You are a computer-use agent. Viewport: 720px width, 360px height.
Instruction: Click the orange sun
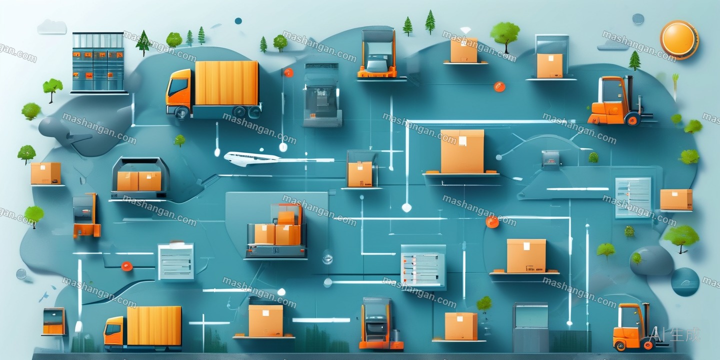tap(679, 40)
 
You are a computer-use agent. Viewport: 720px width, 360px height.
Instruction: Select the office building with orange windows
tap(98, 62)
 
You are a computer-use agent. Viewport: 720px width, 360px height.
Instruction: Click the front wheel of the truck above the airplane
tap(182, 113)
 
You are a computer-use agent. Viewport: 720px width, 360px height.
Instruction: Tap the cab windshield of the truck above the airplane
tap(178, 87)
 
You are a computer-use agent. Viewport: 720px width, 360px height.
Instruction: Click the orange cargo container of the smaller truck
tap(154, 325)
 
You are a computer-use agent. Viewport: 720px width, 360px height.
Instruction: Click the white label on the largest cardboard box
tap(462, 141)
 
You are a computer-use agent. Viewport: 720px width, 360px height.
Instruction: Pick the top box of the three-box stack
tap(286, 217)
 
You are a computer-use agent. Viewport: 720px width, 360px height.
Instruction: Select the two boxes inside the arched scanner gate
tap(139, 181)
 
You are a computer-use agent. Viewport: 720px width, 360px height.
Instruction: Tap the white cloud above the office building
tap(52, 27)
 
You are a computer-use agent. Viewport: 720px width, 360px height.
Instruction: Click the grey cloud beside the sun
tap(612, 45)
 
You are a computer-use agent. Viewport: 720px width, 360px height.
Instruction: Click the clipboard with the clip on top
tap(176, 260)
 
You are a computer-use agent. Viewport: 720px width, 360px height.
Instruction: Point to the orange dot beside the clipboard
tap(126, 266)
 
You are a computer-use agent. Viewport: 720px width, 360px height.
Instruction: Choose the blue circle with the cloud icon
tap(685, 282)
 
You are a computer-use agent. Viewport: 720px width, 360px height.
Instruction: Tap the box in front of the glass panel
tap(549, 65)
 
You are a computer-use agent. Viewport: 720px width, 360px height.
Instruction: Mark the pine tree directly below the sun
tap(634, 60)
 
